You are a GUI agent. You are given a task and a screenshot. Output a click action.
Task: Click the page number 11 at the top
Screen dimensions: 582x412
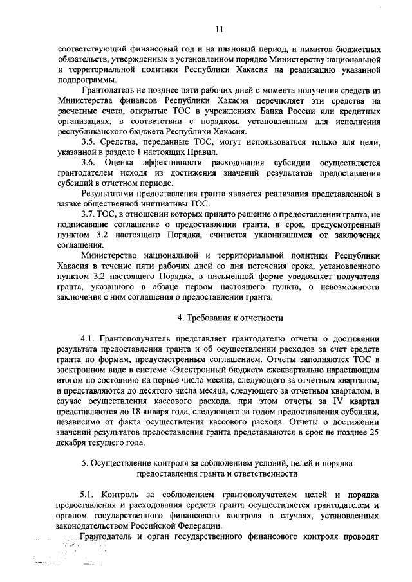pos(218,28)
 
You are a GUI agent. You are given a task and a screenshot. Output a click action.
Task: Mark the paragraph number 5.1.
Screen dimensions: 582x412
pos(88,495)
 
